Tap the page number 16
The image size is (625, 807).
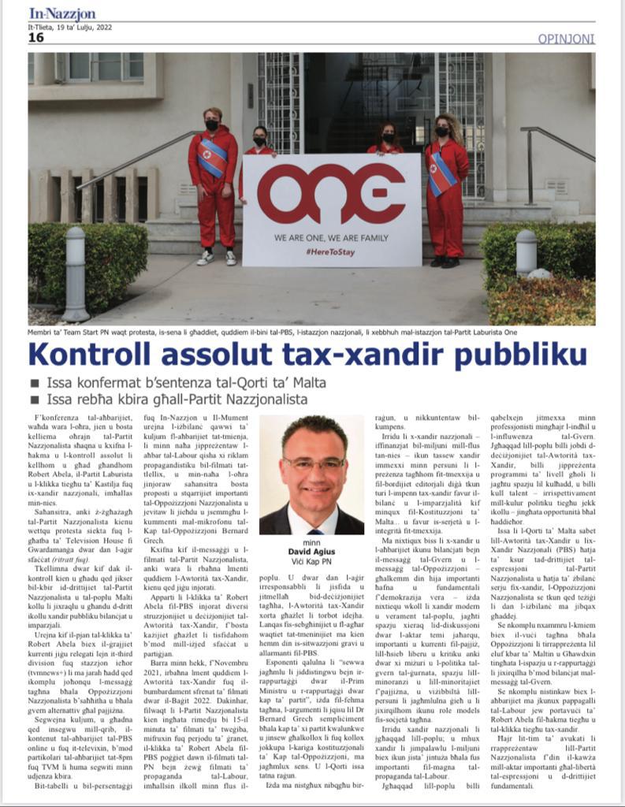[x=36, y=37]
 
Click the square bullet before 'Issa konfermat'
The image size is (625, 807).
[x=35, y=384]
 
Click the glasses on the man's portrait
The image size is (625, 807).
[x=313, y=464]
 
